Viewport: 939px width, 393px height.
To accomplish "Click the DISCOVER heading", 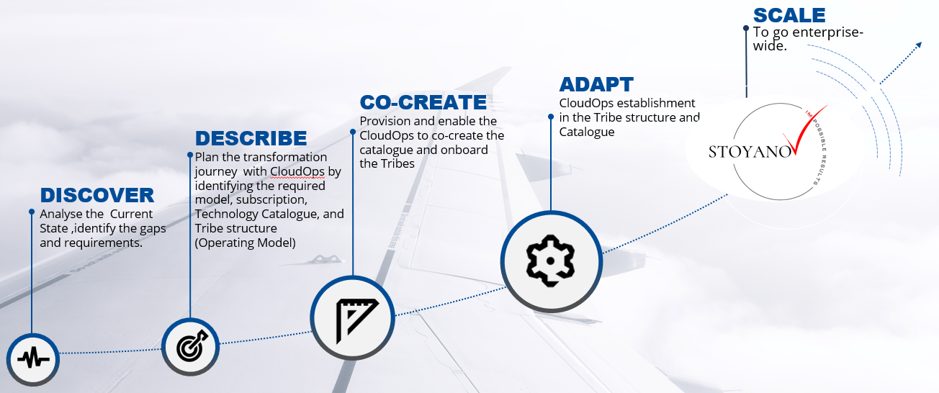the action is (97, 195).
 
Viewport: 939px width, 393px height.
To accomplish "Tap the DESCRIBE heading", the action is (251, 138).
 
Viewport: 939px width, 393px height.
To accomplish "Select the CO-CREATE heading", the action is (423, 102).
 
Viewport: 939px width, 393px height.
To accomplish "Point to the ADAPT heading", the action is (596, 85).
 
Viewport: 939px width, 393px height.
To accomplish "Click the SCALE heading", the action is (789, 16).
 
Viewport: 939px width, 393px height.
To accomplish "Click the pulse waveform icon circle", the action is (33, 359).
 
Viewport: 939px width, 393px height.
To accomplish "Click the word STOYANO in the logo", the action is (750, 152).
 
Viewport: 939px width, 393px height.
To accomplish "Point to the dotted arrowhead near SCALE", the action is (918, 45).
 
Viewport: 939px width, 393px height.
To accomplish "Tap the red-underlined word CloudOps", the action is (297, 172).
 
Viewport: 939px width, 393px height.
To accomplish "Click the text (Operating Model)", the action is (246, 243).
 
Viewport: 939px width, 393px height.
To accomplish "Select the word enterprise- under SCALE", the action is (828, 32).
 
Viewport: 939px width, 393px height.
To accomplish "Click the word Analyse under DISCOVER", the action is (61, 214).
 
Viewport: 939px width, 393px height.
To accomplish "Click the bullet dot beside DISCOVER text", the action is (32, 212).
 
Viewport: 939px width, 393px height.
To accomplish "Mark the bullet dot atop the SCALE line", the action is (746, 29).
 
